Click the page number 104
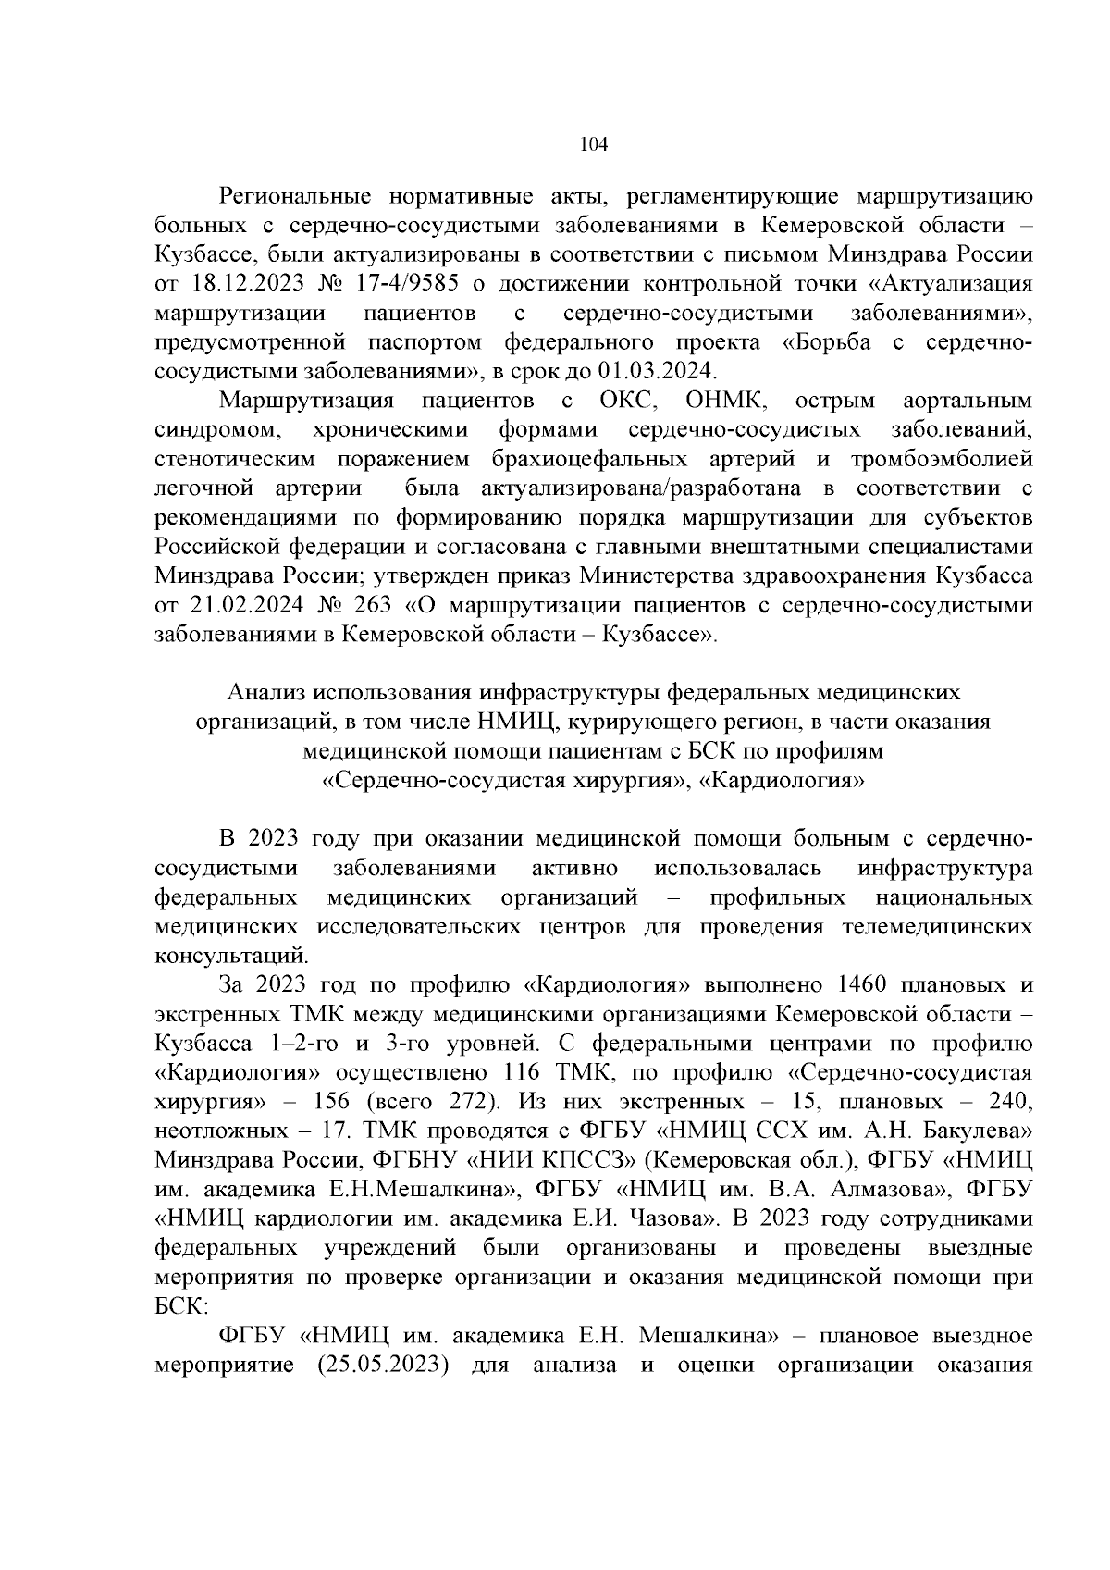point(592,144)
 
